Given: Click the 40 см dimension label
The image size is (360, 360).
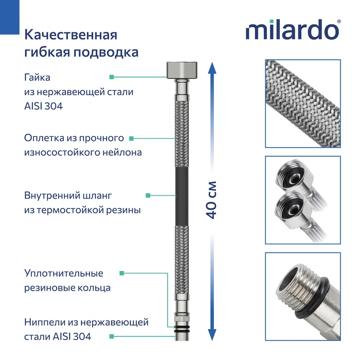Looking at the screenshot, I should click(211, 200).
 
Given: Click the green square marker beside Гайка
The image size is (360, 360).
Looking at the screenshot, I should click(111, 77).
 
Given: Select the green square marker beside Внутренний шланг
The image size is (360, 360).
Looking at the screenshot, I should click(148, 195).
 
